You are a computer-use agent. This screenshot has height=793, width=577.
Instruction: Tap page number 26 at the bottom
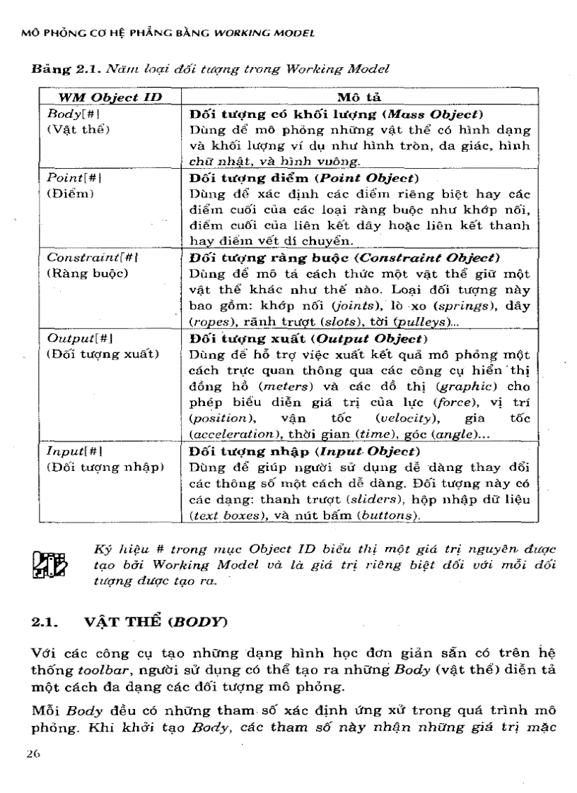pyautogui.click(x=33, y=753)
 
